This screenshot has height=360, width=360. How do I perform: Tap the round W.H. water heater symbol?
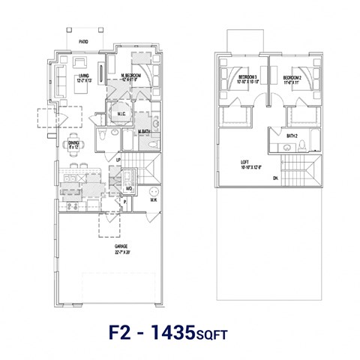153,190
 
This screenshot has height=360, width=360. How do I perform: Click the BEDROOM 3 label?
247,77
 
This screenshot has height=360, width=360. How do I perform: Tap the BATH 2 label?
292,136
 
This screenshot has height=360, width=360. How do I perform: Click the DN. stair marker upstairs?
275,178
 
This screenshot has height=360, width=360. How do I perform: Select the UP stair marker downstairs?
117,160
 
